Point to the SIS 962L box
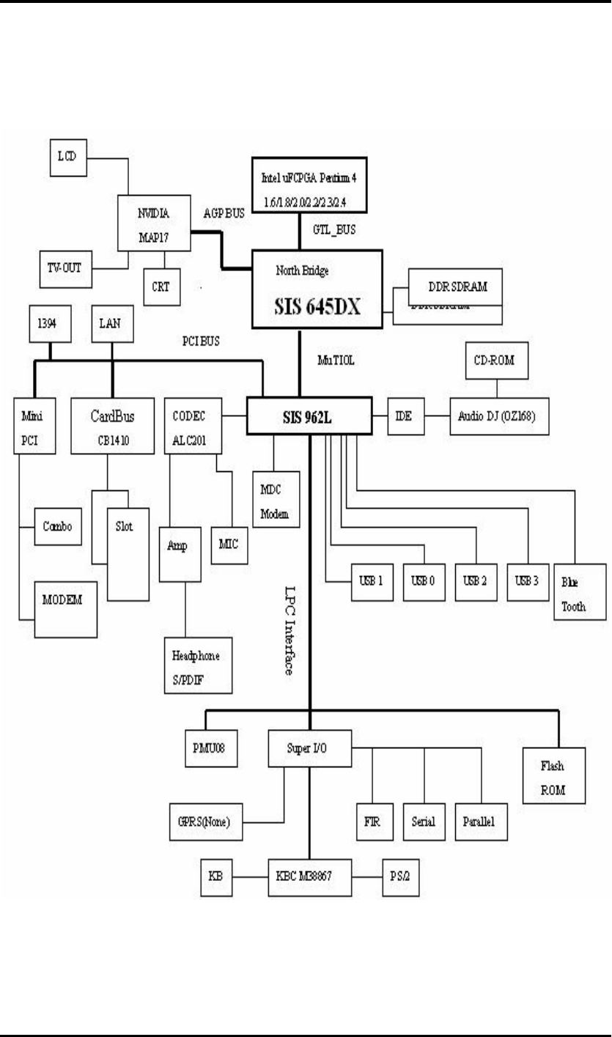(311, 418)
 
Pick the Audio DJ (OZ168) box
(496, 418)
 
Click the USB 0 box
(424, 582)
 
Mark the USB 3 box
(527, 582)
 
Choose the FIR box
(372, 822)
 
